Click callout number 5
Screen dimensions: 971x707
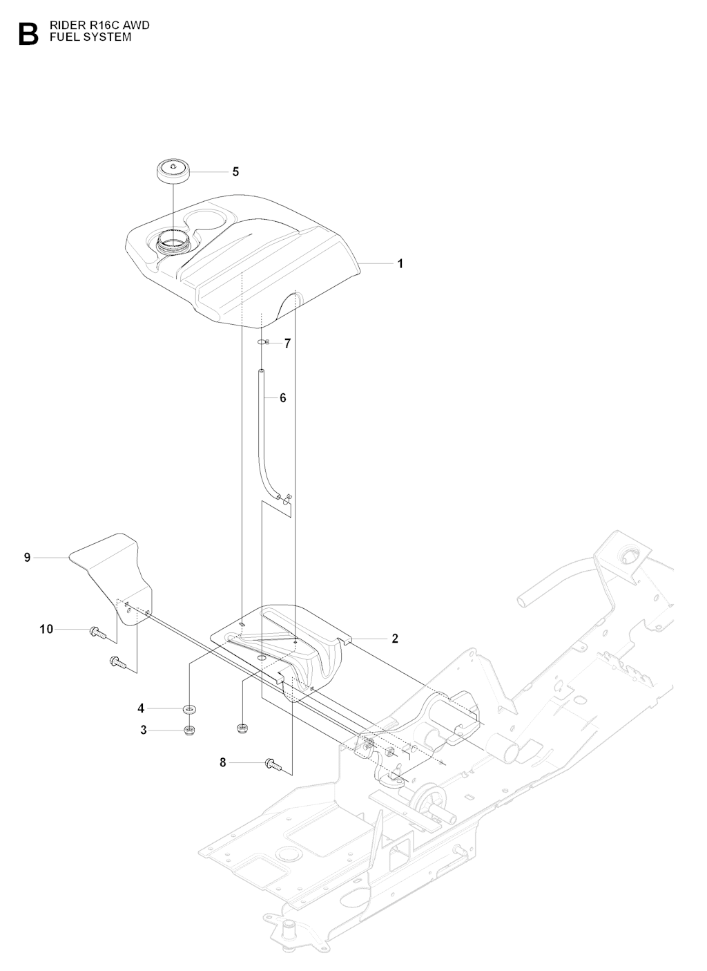(x=235, y=171)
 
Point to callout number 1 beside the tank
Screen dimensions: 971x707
(x=400, y=263)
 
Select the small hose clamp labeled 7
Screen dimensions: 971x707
(x=263, y=343)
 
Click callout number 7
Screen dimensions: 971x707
(x=287, y=343)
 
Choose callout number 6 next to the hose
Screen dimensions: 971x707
(x=282, y=398)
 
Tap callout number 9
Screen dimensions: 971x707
(x=28, y=557)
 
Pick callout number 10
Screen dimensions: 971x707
(x=46, y=629)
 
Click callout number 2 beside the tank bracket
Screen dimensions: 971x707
(x=395, y=639)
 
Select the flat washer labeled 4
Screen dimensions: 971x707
(x=188, y=709)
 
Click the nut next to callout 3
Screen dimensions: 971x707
(x=188, y=730)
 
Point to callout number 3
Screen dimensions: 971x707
(x=144, y=730)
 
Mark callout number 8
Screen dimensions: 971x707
(x=222, y=763)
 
